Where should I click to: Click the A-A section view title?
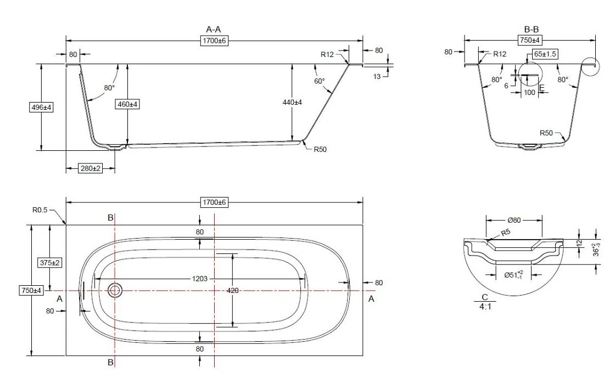(214, 30)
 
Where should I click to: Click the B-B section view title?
(530, 30)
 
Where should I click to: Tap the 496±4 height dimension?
(41, 108)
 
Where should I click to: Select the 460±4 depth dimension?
(127, 103)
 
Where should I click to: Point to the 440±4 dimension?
(292, 102)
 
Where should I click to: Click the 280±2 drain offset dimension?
(91, 168)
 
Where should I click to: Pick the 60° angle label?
(320, 81)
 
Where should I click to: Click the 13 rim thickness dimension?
(377, 76)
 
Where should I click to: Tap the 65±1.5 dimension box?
(545, 54)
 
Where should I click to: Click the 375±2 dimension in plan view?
(49, 263)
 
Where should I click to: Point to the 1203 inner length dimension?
(199, 279)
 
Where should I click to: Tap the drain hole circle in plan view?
(115, 290)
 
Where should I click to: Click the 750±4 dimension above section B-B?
(530, 40)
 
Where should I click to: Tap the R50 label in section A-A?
(320, 149)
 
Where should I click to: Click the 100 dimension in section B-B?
(529, 92)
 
